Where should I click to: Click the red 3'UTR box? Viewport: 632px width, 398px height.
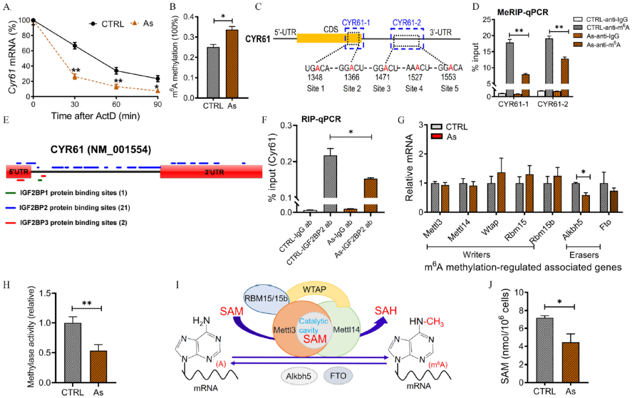[213, 172]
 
